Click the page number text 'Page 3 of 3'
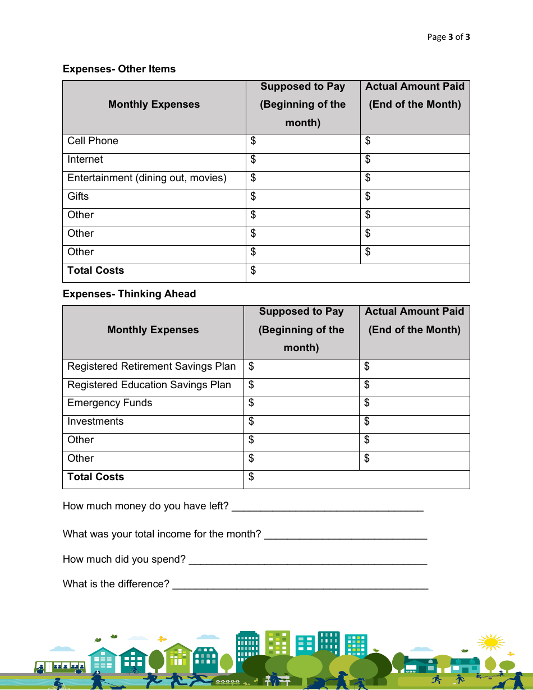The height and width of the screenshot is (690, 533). (448, 37)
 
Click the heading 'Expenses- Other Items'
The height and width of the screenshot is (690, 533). (119, 69)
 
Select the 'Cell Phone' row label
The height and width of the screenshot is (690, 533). (93, 141)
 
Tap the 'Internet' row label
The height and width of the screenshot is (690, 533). (85, 159)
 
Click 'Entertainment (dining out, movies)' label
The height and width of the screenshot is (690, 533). (147, 178)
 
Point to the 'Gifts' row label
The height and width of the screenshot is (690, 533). (78, 196)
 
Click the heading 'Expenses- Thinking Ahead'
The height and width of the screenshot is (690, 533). (129, 294)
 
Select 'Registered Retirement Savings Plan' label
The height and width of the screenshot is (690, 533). (151, 366)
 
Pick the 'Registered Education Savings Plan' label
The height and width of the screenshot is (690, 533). (149, 385)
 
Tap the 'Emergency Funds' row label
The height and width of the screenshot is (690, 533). (109, 403)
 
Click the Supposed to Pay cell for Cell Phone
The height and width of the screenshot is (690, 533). (303, 144)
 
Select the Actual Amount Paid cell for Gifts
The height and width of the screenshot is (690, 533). (415, 199)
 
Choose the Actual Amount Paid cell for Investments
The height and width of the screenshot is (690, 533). (414, 424)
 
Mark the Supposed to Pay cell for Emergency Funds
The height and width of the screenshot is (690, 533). (301, 406)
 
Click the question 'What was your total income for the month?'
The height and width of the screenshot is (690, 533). (162, 534)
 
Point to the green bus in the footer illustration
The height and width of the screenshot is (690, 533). (59, 667)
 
